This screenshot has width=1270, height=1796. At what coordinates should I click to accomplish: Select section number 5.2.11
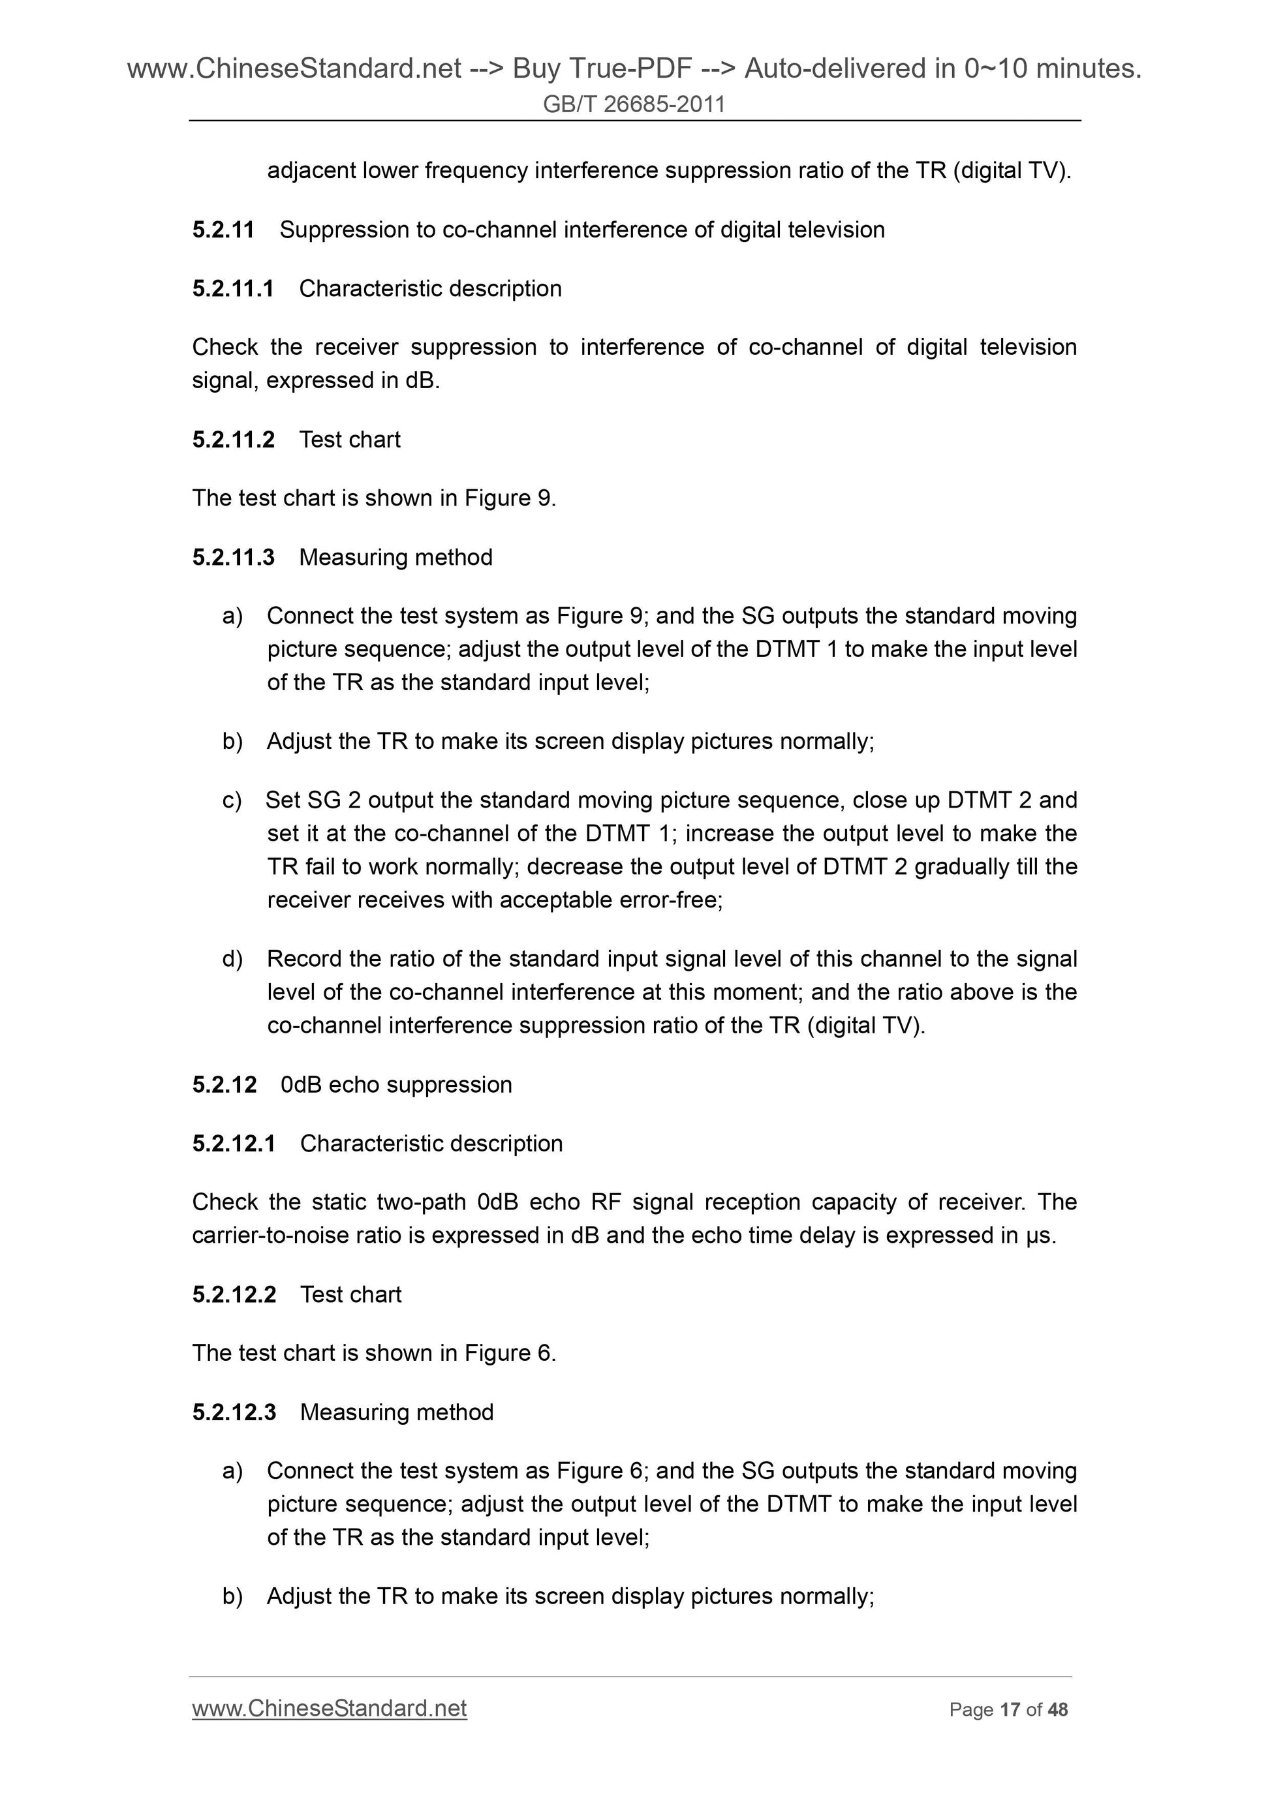223,230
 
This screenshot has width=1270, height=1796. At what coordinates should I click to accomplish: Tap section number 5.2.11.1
232,288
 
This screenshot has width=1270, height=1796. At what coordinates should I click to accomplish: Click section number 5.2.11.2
233,440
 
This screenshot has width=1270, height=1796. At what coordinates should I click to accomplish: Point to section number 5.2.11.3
233,558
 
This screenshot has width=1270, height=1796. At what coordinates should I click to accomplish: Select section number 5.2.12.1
233,1144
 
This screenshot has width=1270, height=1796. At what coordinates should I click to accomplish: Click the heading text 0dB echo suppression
396,1085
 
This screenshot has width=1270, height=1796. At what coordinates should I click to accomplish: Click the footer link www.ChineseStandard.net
330,1709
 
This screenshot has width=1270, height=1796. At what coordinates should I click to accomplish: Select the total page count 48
1057,1710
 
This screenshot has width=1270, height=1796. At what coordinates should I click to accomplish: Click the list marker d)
232,959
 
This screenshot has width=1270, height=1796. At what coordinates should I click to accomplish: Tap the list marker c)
232,800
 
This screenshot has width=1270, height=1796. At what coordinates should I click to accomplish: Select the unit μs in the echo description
1040,1236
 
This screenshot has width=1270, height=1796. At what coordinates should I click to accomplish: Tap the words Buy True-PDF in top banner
602,69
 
